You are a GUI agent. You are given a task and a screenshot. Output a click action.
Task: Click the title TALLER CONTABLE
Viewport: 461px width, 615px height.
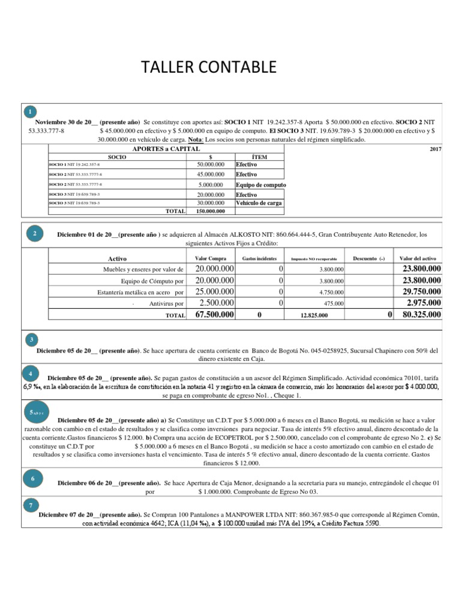pyautogui.click(x=208, y=67)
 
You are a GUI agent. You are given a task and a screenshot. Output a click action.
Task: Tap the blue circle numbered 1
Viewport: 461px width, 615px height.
pyautogui.click(x=31, y=112)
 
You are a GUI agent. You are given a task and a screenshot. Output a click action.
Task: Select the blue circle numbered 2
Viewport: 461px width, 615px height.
pyautogui.click(x=35, y=234)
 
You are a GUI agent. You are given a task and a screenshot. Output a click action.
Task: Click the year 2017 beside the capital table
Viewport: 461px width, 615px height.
pyautogui.click(x=435, y=149)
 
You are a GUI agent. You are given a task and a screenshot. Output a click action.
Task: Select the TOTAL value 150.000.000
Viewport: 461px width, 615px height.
pyautogui.click(x=210, y=211)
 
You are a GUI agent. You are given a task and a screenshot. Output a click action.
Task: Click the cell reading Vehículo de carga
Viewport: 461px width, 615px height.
pyautogui.click(x=259, y=203)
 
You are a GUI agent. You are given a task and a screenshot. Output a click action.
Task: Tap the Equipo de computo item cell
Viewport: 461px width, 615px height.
pyautogui.click(x=261, y=185)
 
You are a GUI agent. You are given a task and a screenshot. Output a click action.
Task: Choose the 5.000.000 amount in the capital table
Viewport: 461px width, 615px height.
pyautogui.click(x=210, y=185)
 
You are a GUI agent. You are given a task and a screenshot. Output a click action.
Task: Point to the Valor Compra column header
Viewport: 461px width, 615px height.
pyautogui.click(x=211, y=258)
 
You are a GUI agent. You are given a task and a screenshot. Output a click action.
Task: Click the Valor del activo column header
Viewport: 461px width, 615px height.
pyautogui.click(x=420, y=258)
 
